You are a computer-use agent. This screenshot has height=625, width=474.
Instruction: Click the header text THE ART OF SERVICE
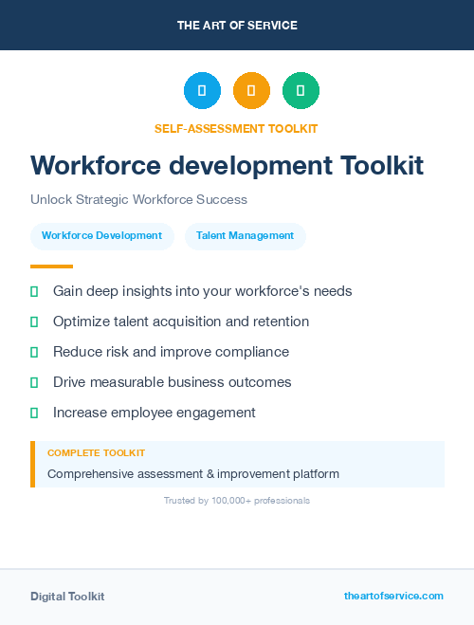click(237, 26)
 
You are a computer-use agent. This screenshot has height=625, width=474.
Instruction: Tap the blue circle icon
click(202, 91)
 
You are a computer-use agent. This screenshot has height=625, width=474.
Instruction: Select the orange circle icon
click(251, 91)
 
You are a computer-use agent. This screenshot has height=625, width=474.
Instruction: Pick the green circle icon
click(301, 91)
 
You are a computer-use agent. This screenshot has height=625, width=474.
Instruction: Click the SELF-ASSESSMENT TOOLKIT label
click(236, 128)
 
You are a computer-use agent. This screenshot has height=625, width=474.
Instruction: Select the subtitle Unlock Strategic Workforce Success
click(138, 200)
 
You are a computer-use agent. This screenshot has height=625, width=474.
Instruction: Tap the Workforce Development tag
click(101, 235)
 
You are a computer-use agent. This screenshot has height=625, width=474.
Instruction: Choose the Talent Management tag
click(245, 235)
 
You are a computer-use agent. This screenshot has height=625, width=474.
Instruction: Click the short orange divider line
click(51, 267)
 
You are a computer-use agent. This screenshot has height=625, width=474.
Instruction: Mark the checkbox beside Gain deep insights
click(34, 291)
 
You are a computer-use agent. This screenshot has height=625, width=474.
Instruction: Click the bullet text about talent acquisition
click(181, 322)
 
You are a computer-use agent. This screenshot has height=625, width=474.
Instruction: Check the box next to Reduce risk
click(34, 352)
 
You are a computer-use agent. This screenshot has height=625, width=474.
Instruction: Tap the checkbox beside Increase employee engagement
click(34, 413)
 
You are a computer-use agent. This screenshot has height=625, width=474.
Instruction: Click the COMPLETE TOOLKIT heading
click(96, 453)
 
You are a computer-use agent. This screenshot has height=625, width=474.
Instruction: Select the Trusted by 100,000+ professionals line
click(237, 500)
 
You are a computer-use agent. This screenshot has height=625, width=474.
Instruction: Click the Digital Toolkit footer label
click(67, 597)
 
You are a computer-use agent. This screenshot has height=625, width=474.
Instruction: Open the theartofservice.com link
click(393, 596)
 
